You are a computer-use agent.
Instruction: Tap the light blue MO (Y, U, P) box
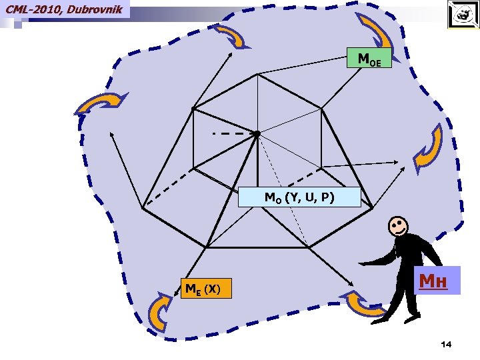299,198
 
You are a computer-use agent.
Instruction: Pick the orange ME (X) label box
207,289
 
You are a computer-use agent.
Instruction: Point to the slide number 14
446,344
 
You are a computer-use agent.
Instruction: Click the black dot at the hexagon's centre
257,134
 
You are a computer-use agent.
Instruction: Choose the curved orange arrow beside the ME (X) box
162,312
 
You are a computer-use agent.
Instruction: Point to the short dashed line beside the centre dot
228,134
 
